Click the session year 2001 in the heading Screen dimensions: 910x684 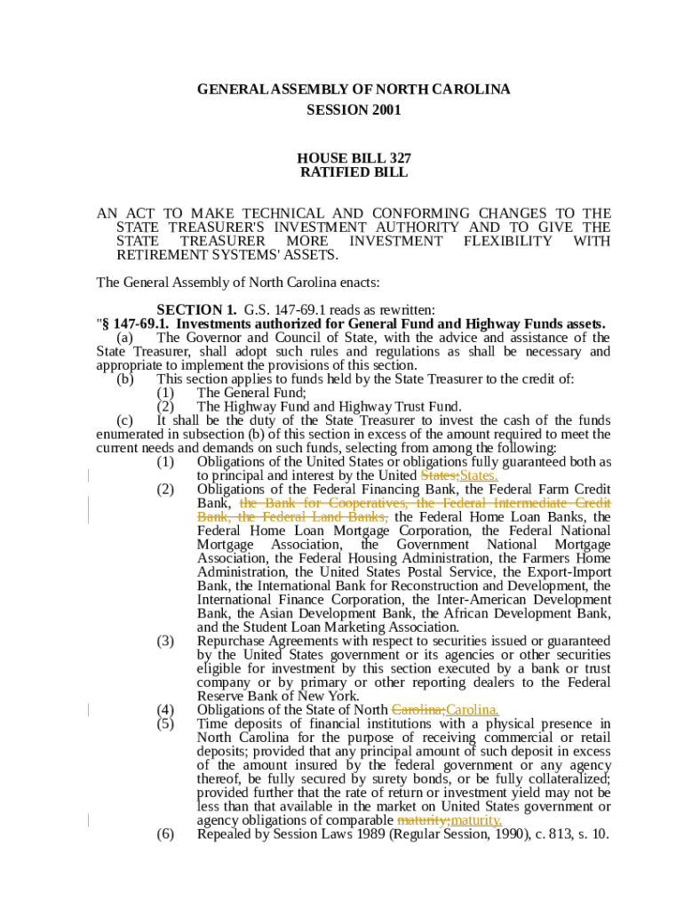[x=385, y=110]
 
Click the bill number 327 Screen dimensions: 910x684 [x=394, y=157]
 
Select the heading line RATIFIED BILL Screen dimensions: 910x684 [x=354, y=172]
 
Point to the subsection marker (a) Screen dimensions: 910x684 [x=125, y=338]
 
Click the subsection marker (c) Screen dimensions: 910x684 [x=125, y=420]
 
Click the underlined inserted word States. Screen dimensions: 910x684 [x=479, y=475]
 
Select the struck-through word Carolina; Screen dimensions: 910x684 [x=418, y=710]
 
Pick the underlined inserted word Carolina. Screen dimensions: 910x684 [x=473, y=710]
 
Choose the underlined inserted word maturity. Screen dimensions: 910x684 [x=476, y=820]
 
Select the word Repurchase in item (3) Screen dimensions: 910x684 [x=233, y=641]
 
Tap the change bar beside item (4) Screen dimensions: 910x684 [x=89, y=710]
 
